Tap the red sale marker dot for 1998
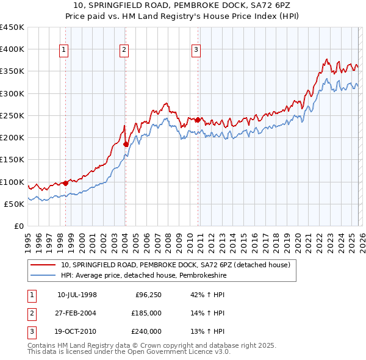(x=65, y=183)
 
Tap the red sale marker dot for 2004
(x=126, y=145)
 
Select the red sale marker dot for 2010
(x=198, y=120)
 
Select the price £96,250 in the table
(x=148, y=295)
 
